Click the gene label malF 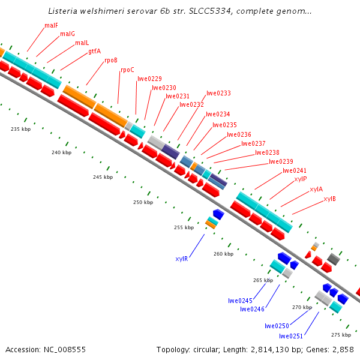(x=52, y=26)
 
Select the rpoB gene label (x=111, y=60)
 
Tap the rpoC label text (x=127, y=70)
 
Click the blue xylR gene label (x=182, y=259)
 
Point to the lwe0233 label (x=218, y=94)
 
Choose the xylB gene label (x=329, y=199)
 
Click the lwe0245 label (x=240, y=301)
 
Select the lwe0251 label (x=292, y=336)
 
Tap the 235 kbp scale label (x=20, y=129)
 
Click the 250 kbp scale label (x=143, y=203)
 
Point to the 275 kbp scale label (x=341, y=335)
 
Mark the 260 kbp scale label (x=223, y=254)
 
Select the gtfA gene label (x=94, y=51)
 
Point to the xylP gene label (x=301, y=179)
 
